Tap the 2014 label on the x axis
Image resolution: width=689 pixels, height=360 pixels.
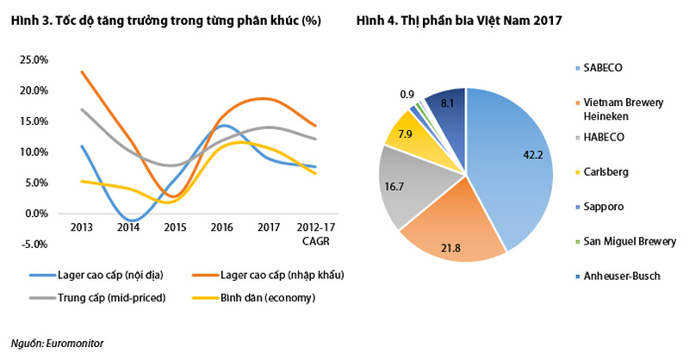point(128,228)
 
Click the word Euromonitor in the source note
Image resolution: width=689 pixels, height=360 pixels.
point(75,343)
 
